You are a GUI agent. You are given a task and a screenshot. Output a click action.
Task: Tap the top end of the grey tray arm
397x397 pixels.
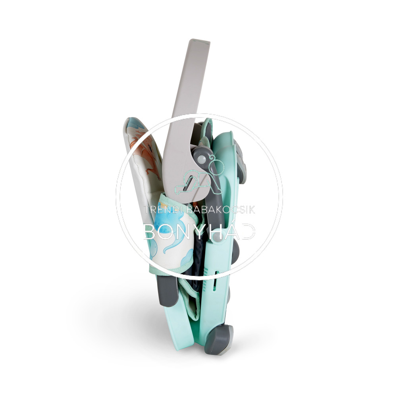pos(200,41)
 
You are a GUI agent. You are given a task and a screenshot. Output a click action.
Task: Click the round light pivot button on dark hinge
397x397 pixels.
pos(202,160)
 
